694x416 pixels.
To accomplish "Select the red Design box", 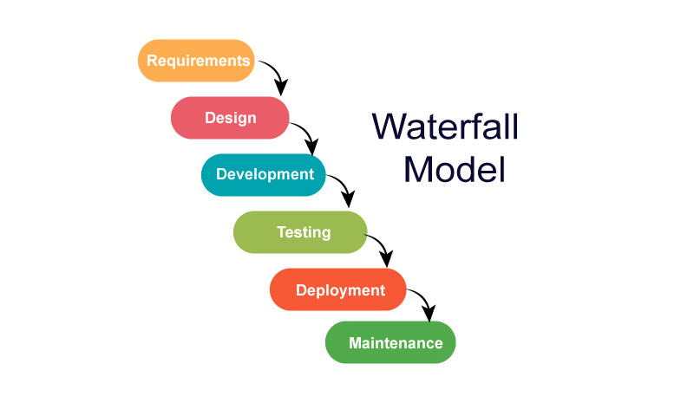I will (x=230, y=118).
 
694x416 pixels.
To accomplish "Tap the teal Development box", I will (x=264, y=174).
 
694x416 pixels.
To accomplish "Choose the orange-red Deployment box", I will (x=338, y=289).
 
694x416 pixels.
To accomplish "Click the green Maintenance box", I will (x=390, y=342).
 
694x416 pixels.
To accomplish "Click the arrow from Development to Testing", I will (x=342, y=187).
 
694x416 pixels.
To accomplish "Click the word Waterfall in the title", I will (x=446, y=127).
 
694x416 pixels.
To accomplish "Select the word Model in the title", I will (x=454, y=169).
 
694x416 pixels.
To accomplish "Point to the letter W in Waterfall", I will (x=389, y=127).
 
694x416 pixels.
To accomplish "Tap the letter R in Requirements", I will (x=152, y=62).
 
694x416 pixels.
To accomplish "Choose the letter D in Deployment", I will (x=301, y=289).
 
